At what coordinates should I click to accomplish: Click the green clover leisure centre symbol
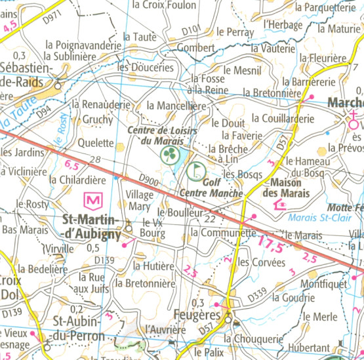point(169,155)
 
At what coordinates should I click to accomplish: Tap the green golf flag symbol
point(195,171)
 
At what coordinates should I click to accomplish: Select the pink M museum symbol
point(94,198)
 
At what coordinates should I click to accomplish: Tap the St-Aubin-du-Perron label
point(79,329)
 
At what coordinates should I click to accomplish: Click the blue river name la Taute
point(16,118)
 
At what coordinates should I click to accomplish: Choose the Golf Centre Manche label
point(211,189)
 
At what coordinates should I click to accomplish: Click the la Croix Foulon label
point(164,5)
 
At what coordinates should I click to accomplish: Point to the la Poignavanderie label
point(83,45)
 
